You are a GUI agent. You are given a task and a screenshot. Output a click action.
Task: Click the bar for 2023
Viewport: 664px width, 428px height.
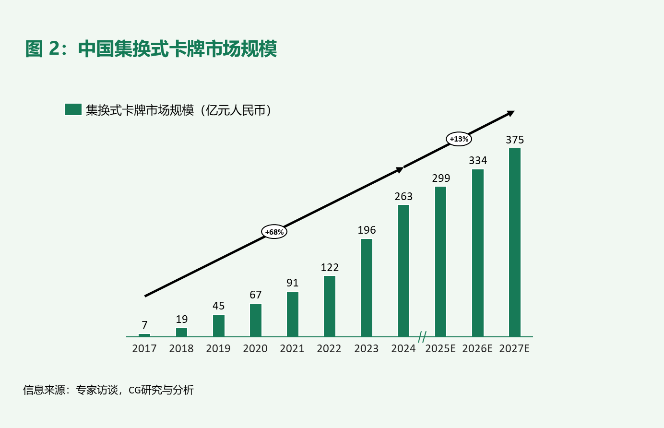[367, 288]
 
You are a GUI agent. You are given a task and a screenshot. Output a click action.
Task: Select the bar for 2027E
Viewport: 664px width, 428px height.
[515, 242]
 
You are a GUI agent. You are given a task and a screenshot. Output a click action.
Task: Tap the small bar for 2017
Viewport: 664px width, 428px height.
[144, 335]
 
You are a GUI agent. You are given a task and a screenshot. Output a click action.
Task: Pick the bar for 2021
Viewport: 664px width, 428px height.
[293, 314]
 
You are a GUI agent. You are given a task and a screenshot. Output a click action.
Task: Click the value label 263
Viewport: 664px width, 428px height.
[403, 196]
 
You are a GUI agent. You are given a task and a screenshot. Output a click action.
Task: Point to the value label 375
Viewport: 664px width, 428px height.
[515, 140]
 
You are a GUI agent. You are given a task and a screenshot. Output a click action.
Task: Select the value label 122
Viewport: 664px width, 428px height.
[330, 267]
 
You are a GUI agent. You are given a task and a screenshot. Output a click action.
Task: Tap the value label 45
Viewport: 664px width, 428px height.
[218, 306]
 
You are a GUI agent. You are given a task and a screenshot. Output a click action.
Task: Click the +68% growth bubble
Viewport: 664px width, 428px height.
[274, 232]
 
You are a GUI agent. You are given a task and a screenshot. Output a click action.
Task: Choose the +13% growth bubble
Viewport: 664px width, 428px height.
[459, 139]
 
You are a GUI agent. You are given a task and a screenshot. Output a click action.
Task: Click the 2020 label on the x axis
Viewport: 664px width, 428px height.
[255, 348]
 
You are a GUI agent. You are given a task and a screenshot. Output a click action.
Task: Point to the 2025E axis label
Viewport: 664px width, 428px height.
[440, 348]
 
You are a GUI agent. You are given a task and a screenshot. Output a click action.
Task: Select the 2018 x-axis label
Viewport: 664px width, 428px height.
[181, 348]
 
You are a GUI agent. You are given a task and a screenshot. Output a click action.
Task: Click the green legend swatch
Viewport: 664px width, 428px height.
[73, 109]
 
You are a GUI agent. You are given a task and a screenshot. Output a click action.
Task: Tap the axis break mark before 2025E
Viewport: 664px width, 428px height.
[422, 337]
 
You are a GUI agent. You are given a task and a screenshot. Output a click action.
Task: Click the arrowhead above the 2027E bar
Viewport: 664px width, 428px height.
[510, 114]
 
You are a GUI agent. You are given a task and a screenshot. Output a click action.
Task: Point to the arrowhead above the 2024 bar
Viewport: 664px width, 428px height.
[400, 170]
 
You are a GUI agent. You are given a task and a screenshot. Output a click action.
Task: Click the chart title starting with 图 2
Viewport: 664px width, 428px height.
[151, 48]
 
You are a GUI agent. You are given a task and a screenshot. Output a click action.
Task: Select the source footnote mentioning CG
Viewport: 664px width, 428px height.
[108, 390]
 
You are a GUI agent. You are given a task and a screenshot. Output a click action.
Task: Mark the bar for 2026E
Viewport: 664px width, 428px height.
[477, 253]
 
